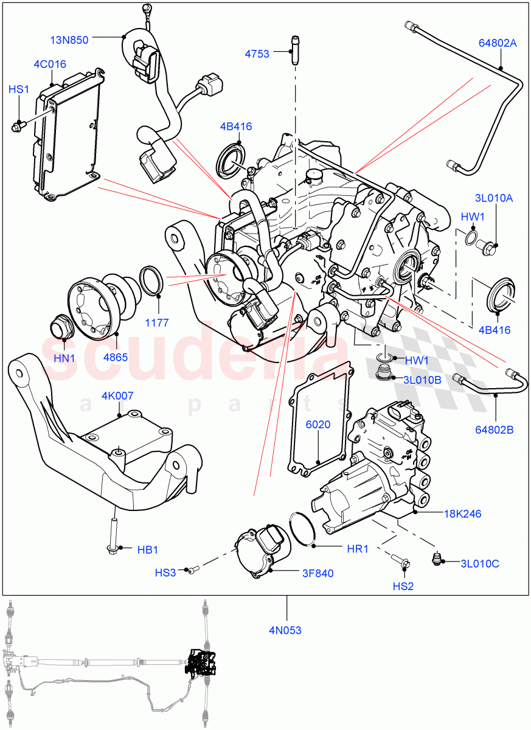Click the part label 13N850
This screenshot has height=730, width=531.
pyautogui.click(x=69, y=40)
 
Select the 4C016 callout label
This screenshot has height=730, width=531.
pyautogui.click(x=50, y=64)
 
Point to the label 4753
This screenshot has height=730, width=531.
pyautogui.click(x=257, y=54)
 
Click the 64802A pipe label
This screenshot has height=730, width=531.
pyautogui.click(x=498, y=43)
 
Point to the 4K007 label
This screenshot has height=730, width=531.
pyautogui.click(x=118, y=396)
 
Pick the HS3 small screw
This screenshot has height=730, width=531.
pyautogui.click(x=192, y=569)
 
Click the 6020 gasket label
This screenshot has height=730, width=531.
pyautogui.click(x=318, y=424)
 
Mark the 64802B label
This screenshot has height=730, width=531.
pyautogui.click(x=495, y=429)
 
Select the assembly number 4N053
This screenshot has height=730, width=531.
pyautogui.click(x=286, y=630)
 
